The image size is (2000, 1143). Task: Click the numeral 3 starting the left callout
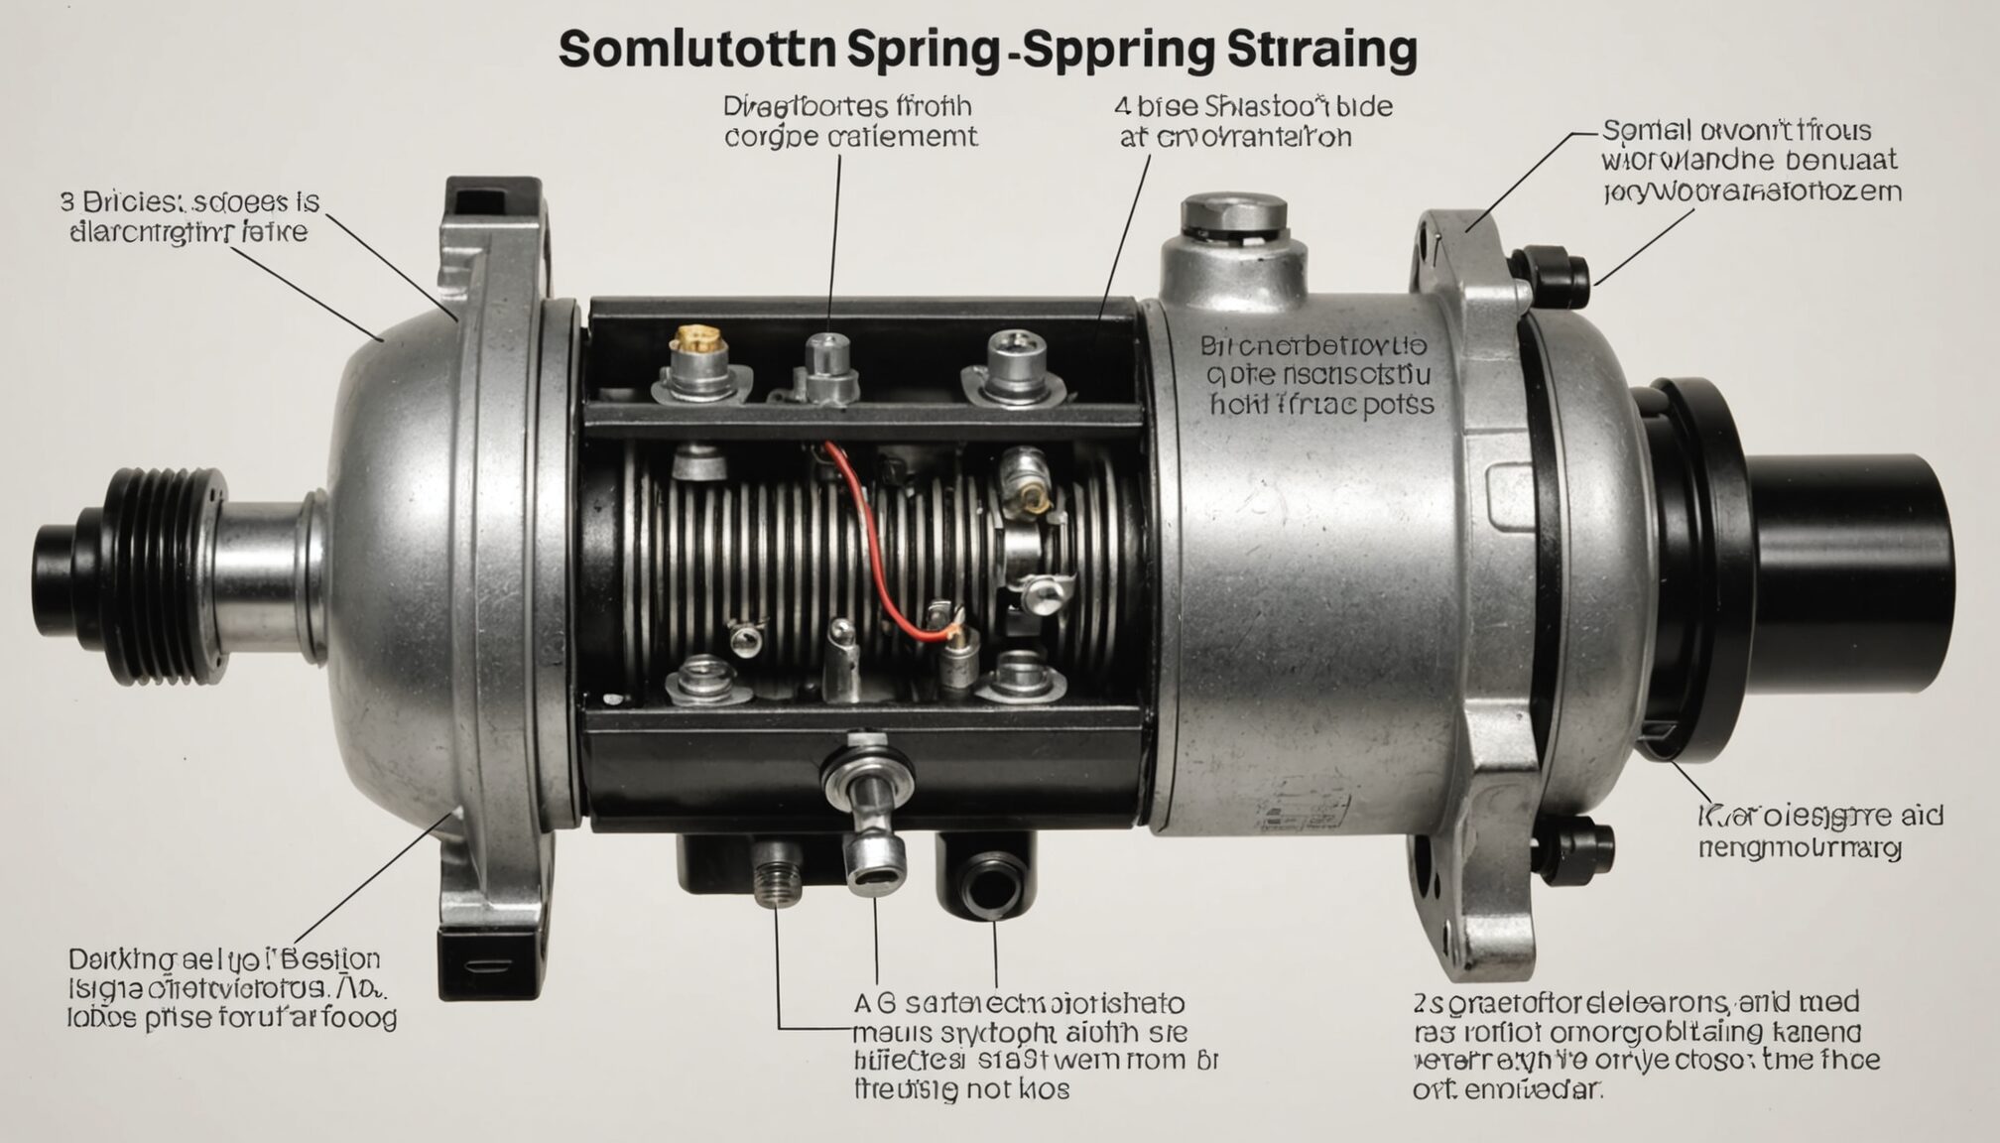(x=67, y=202)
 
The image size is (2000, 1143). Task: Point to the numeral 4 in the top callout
(x=1122, y=106)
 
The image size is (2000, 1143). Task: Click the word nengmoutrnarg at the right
(x=1801, y=849)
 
